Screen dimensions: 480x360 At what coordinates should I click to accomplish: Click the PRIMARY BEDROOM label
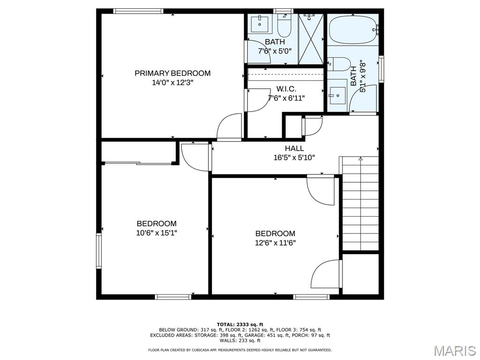(x=172, y=73)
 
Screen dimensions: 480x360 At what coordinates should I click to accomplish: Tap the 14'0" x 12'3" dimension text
(x=172, y=82)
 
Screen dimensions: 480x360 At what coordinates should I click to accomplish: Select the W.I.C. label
(x=286, y=89)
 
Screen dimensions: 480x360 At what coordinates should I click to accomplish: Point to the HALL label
(x=294, y=149)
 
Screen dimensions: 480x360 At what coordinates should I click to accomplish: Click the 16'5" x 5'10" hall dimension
(x=294, y=157)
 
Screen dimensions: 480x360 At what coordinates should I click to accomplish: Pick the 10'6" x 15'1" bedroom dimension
(x=157, y=233)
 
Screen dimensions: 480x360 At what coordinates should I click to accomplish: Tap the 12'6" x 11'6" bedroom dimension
(x=275, y=243)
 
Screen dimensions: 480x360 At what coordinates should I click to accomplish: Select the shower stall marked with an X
(x=311, y=39)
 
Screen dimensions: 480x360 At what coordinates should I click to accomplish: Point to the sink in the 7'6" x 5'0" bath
(x=260, y=24)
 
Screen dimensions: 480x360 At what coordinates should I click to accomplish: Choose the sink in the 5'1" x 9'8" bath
(x=337, y=95)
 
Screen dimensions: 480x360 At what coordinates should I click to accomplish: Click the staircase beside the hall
(x=360, y=203)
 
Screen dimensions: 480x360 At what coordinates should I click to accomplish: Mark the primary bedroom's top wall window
(x=138, y=11)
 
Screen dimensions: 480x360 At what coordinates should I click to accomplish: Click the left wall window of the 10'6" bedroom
(x=98, y=251)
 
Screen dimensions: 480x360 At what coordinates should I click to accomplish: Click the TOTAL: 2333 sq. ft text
(x=240, y=324)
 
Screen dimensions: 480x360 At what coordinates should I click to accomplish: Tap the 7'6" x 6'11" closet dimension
(x=286, y=98)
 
